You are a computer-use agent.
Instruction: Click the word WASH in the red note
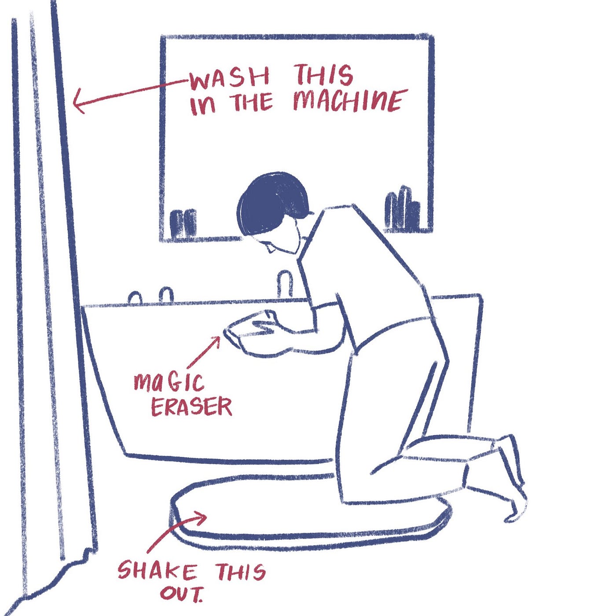click(230, 79)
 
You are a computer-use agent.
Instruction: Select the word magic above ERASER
click(169, 382)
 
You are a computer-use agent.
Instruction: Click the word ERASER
click(191, 407)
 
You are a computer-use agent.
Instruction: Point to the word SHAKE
click(157, 571)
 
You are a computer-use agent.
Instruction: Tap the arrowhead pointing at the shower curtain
click(79, 102)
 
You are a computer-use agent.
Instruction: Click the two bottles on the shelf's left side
click(183, 223)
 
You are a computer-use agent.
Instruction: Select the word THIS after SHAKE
click(240, 571)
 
